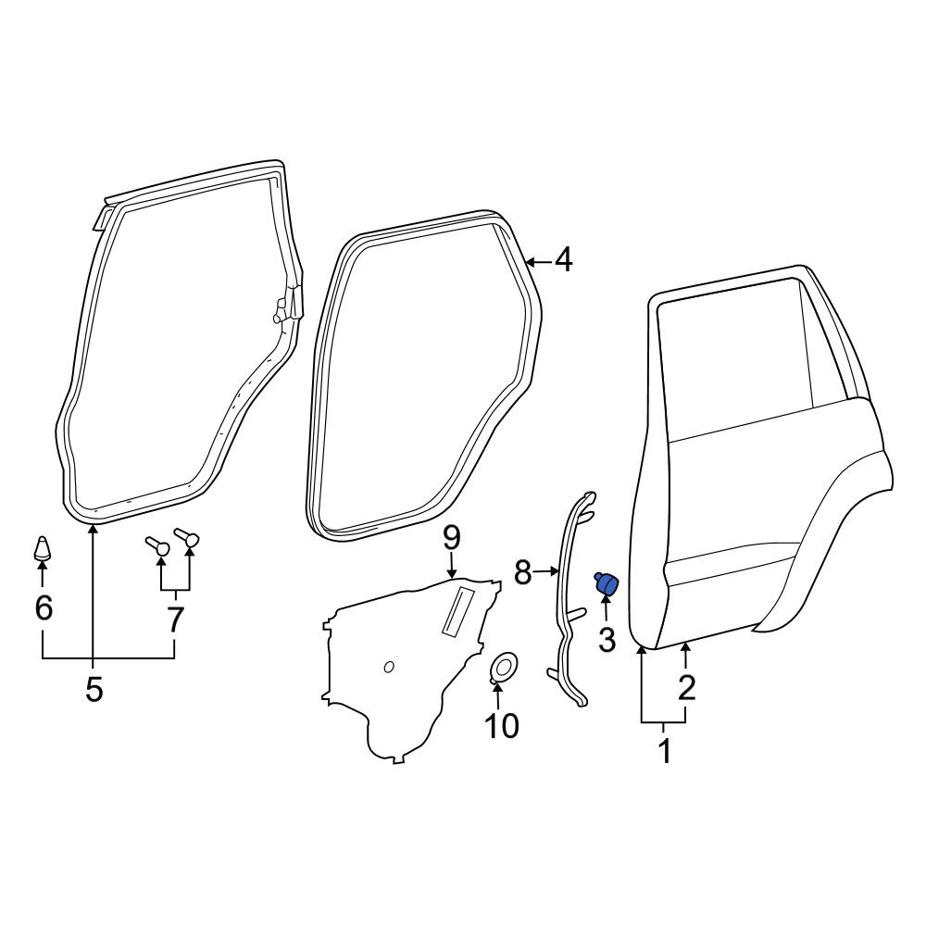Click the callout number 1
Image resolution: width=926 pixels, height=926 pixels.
[x=665, y=750]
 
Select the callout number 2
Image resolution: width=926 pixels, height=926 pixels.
[x=686, y=687]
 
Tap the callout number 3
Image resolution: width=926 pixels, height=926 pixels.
[x=607, y=639]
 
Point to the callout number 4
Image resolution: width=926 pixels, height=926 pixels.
[x=564, y=260]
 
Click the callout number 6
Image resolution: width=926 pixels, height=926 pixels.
[x=44, y=607]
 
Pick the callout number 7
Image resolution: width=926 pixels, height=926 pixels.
[x=174, y=619]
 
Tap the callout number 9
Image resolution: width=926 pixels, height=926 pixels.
[x=451, y=538]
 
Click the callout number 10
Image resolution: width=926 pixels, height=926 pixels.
[x=501, y=725]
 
